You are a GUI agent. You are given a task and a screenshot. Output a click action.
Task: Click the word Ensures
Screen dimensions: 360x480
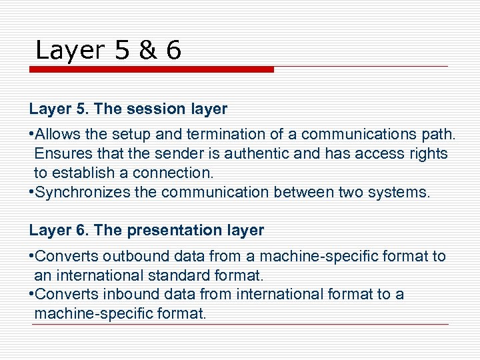[x=60, y=154]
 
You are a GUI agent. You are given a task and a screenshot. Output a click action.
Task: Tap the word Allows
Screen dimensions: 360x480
[x=55, y=135]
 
